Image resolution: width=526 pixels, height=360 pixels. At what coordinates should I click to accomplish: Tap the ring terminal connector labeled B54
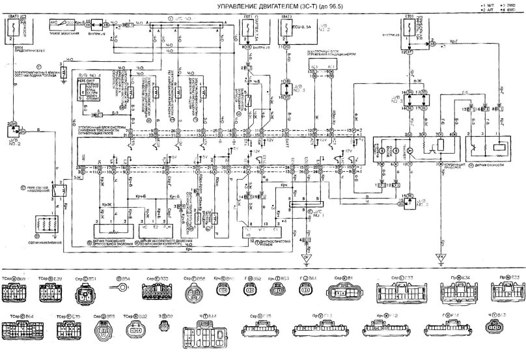coord(120,286)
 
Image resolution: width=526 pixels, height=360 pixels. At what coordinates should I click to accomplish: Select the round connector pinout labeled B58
coord(193,290)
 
